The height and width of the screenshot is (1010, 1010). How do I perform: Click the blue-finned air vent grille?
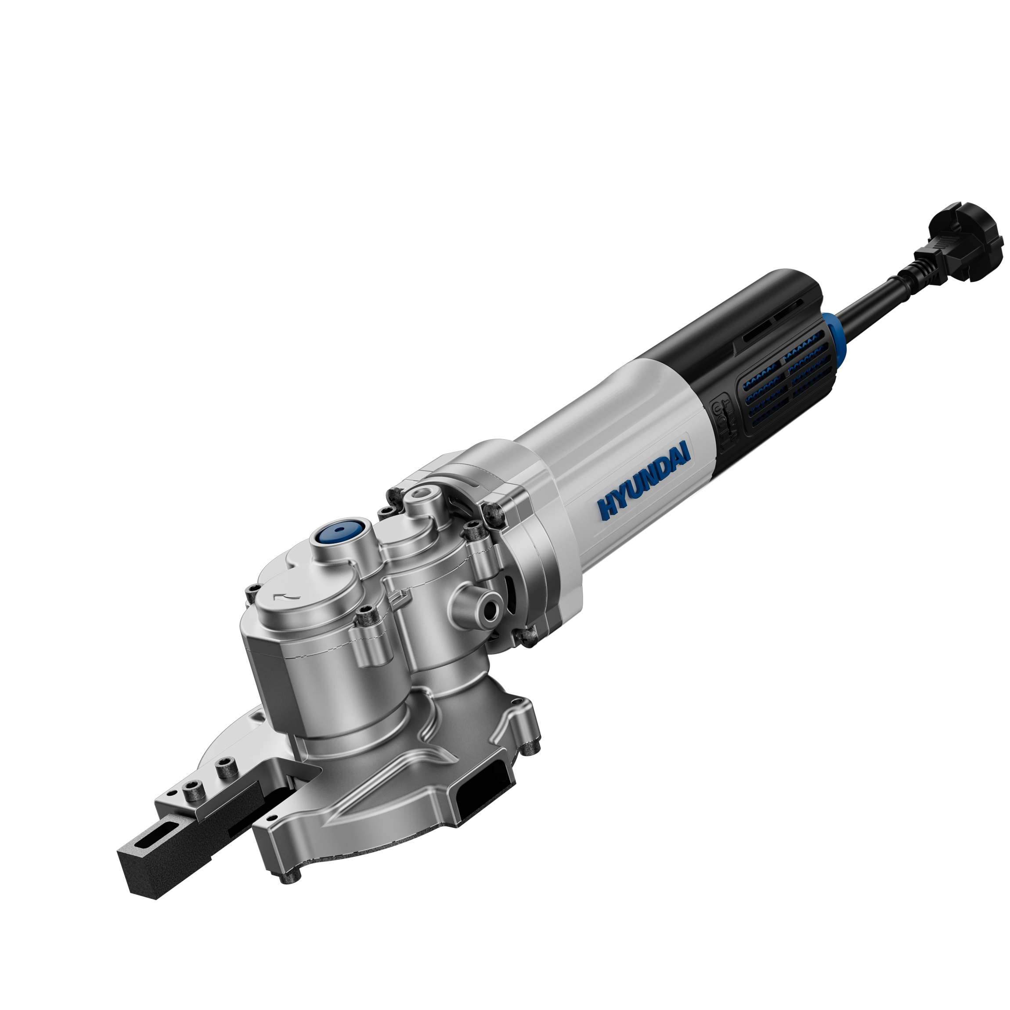(786, 381)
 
